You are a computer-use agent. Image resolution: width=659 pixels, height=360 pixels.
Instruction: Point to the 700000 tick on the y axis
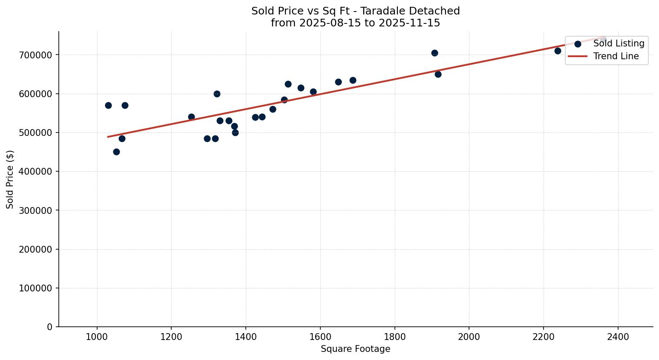(35, 55)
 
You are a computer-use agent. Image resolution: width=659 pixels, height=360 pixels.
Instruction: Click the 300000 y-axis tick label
(35, 210)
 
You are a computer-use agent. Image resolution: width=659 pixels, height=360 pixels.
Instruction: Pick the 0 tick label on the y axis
(50, 327)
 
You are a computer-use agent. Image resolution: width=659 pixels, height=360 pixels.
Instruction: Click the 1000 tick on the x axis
(97, 337)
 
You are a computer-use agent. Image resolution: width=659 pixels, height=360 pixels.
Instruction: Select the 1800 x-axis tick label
(394, 337)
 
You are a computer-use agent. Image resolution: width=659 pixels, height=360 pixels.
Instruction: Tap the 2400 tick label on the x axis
(618, 337)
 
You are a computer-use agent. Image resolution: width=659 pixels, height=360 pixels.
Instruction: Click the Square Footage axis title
(355, 349)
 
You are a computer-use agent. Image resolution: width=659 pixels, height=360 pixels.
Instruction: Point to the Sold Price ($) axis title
(10, 179)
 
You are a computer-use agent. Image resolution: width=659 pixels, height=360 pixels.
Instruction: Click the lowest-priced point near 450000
(116, 152)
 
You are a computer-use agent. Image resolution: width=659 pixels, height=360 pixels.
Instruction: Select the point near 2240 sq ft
(558, 51)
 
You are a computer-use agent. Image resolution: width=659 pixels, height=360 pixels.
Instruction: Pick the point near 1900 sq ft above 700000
(435, 53)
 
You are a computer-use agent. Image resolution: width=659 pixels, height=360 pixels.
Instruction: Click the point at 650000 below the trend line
(438, 74)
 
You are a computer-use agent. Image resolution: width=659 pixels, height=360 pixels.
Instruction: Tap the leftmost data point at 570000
(108, 105)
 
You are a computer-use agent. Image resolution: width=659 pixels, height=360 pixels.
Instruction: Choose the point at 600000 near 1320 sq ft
(217, 94)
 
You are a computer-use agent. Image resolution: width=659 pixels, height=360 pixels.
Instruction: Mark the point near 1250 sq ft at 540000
(191, 117)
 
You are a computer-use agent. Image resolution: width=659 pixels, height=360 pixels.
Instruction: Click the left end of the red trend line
(108, 137)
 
